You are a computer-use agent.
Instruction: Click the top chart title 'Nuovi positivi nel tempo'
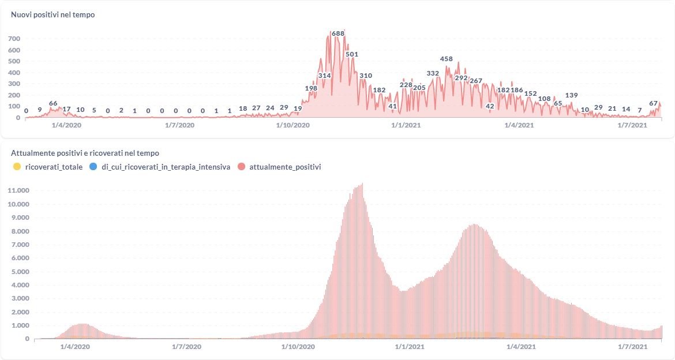click(x=53, y=14)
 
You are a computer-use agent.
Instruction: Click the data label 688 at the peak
click(x=338, y=33)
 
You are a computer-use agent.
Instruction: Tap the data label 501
click(x=352, y=54)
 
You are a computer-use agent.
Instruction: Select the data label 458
click(x=446, y=59)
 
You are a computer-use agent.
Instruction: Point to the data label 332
click(x=433, y=73)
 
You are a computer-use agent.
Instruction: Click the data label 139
click(x=571, y=95)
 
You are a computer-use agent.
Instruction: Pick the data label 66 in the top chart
click(x=53, y=103)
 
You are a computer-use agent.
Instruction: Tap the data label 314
click(x=324, y=76)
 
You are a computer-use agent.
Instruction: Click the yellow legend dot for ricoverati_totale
click(x=17, y=167)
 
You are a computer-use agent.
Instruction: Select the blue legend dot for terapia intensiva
click(x=93, y=167)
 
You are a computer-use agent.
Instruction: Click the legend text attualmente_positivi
click(x=285, y=167)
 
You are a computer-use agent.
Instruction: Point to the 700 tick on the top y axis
click(x=14, y=39)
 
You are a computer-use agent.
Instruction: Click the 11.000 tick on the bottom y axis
click(x=18, y=190)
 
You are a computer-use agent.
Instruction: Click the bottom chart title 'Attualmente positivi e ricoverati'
click(x=85, y=153)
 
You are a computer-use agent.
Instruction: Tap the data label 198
click(x=311, y=88)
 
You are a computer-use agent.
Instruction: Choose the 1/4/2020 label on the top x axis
click(x=67, y=125)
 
